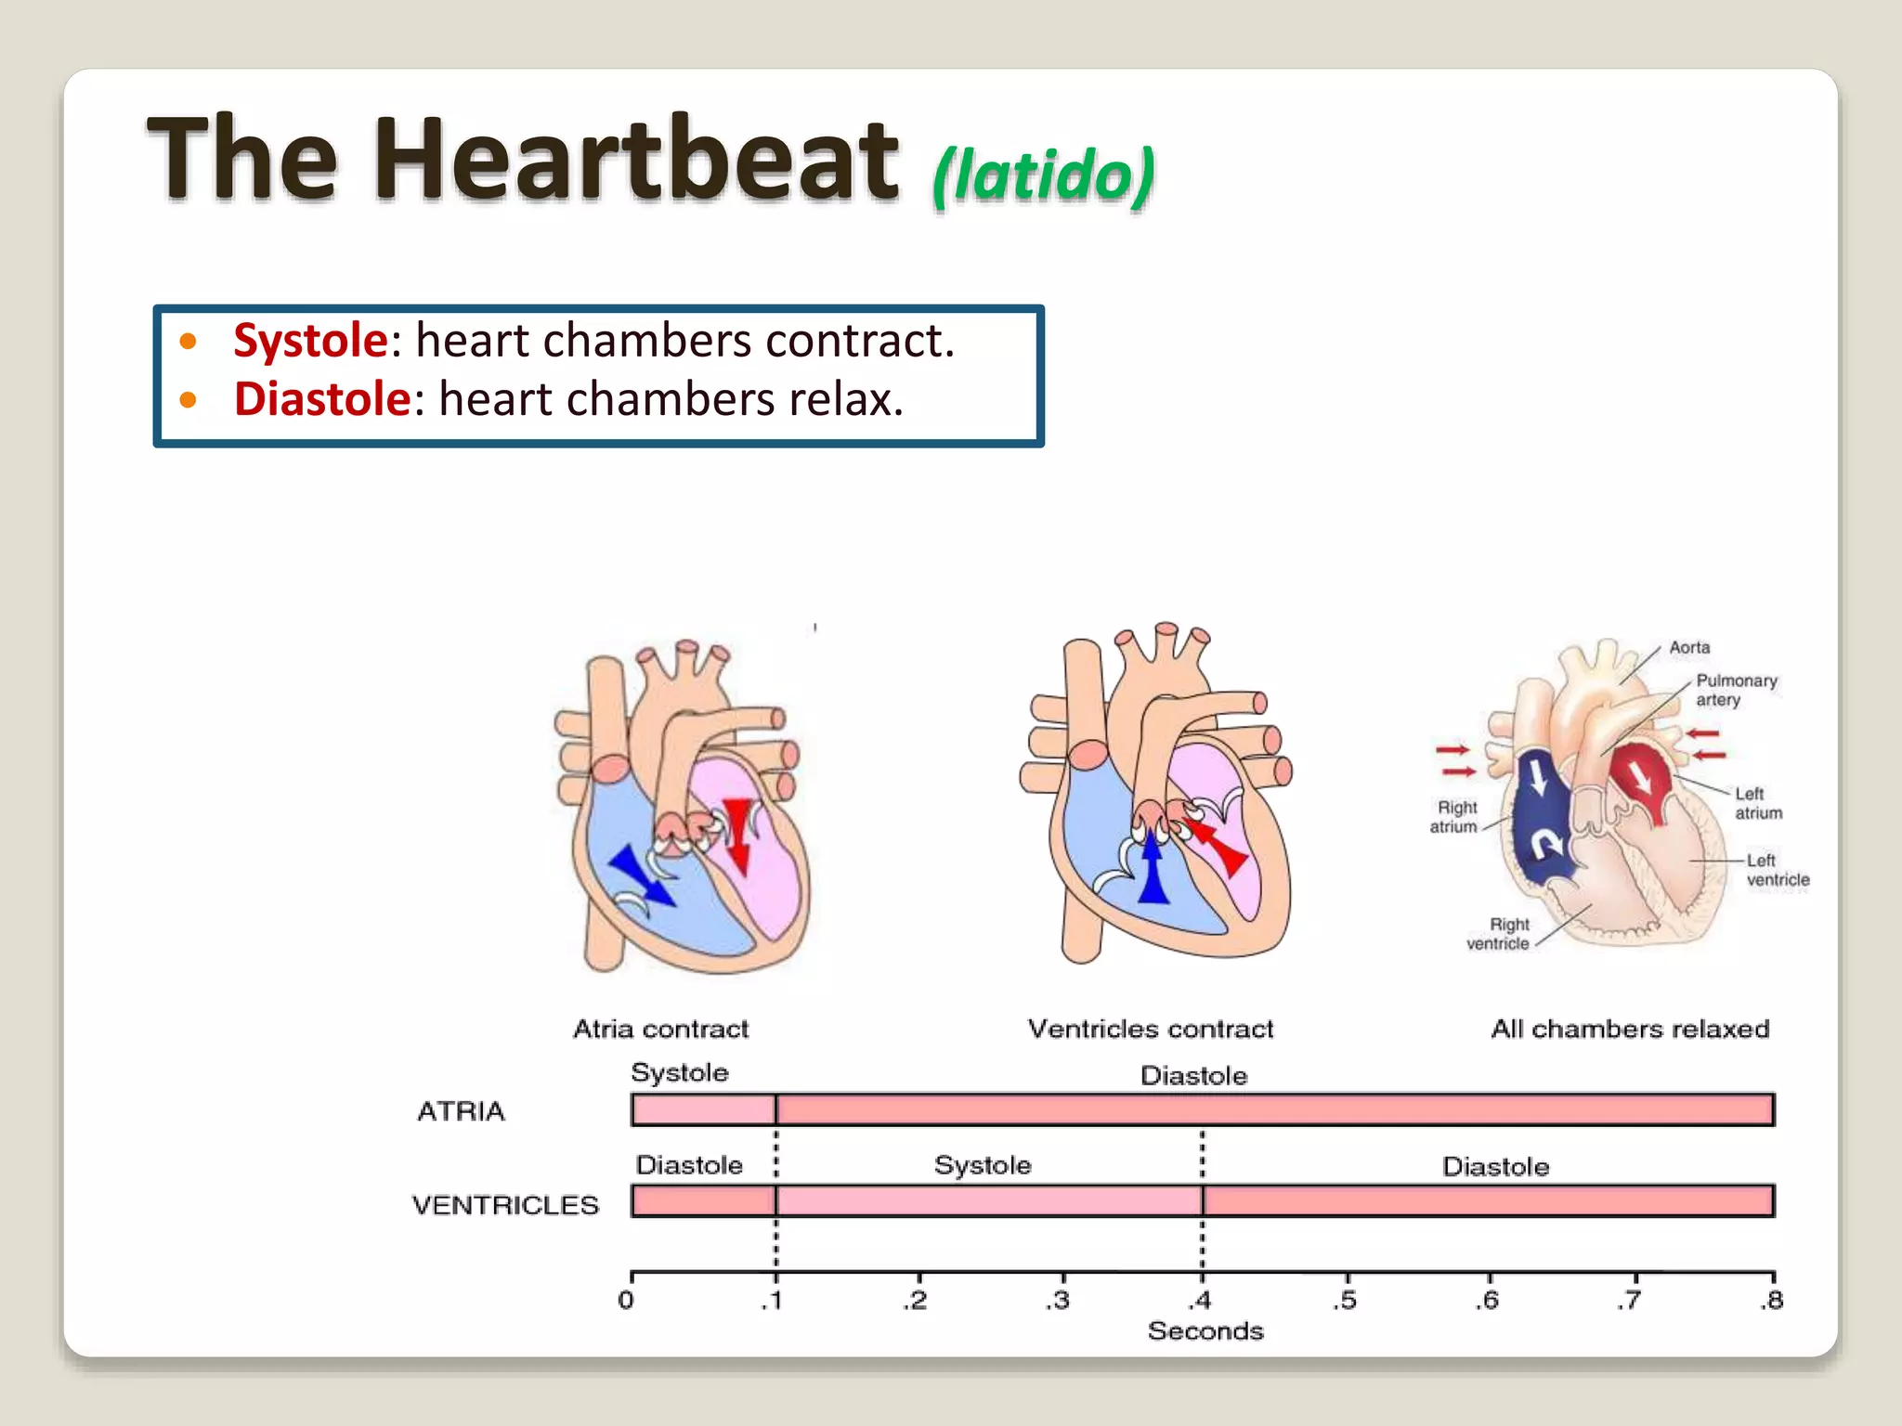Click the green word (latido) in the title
click(x=1044, y=175)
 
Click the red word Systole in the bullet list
click(x=310, y=340)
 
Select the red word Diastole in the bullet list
click(x=321, y=399)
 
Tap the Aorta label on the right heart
click(x=1689, y=647)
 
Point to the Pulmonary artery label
click(x=1735, y=690)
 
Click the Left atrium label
click(x=1757, y=803)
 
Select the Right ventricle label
click(x=1498, y=934)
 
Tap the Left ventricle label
click(x=1776, y=870)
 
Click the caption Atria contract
click(x=660, y=1029)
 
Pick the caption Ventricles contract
click(x=1150, y=1029)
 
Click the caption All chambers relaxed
click(x=1629, y=1029)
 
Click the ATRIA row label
click(x=461, y=1111)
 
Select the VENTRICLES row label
click(x=505, y=1205)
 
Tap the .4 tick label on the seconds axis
click(x=1202, y=1300)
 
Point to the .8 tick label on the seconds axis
click(x=1771, y=1300)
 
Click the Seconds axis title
click(x=1205, y=1331)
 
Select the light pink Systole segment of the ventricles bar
click(x=988, y=1201)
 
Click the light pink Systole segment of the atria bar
click(x=703, y=1110)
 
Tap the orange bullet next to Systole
click(x=189, y=342)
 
